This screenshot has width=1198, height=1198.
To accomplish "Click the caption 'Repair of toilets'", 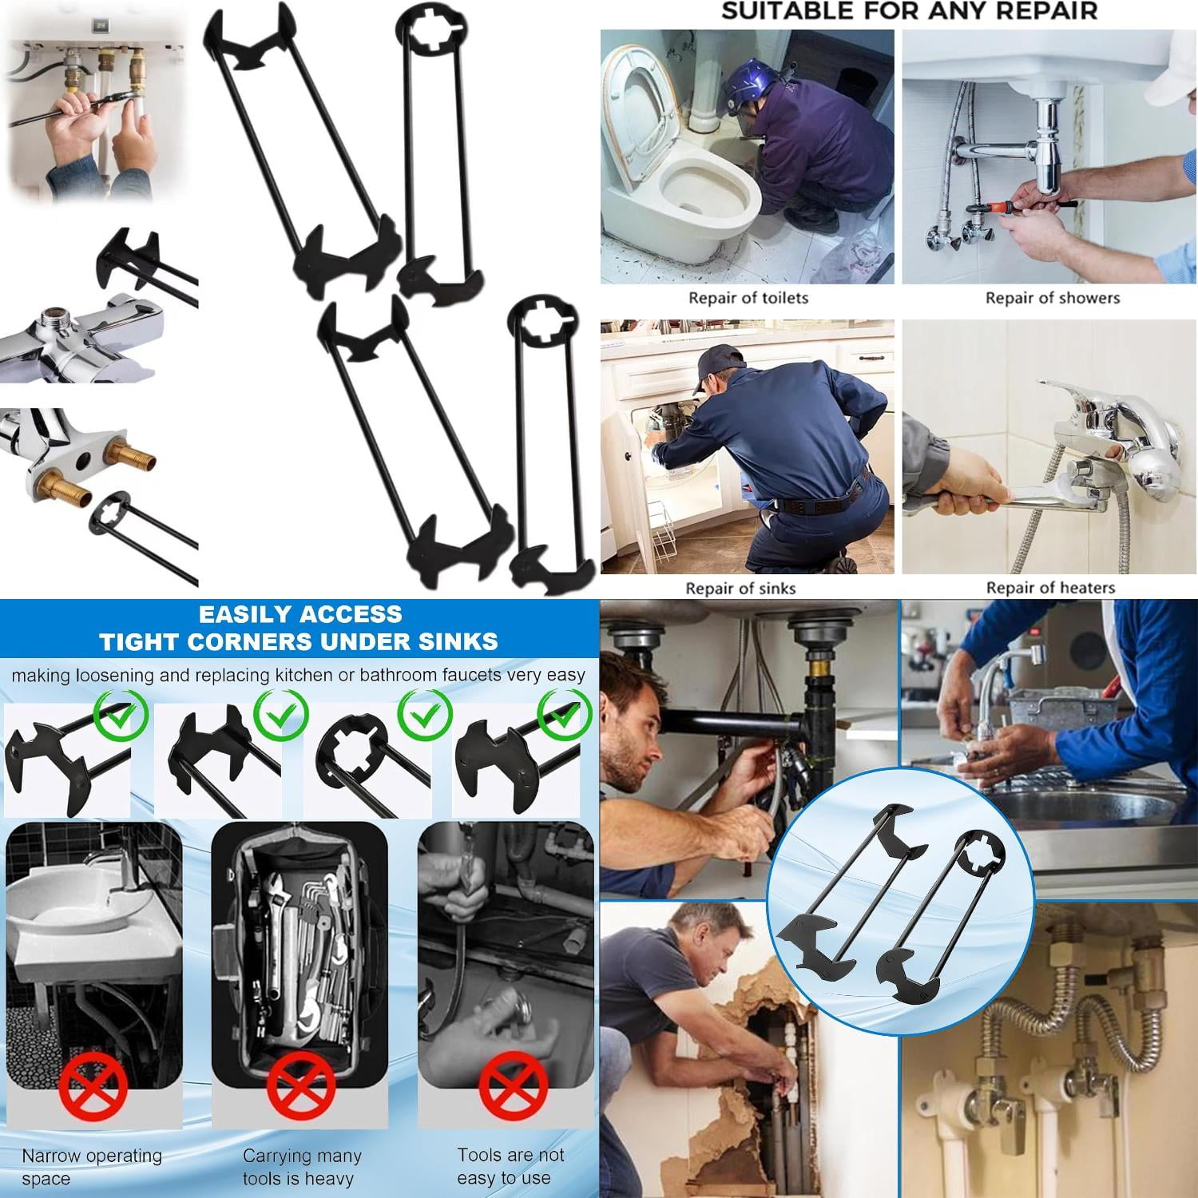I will tap(748, 298).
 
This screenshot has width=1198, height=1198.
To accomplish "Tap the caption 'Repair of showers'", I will tap(1052, 298).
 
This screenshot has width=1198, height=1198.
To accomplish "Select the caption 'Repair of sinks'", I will tap(740, 589).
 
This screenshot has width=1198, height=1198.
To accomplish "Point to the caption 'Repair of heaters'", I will tap(1050, 588).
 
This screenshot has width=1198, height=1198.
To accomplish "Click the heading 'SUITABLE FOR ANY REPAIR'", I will tap(909, 11).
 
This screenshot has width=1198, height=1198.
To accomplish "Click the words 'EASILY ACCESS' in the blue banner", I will tap(300, 614).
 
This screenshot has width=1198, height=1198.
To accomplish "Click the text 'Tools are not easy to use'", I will tap(510, 1166).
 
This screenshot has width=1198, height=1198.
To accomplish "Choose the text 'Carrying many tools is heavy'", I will tap(301, 1167).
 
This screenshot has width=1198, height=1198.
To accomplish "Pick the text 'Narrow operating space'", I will tap(91, 1167).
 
